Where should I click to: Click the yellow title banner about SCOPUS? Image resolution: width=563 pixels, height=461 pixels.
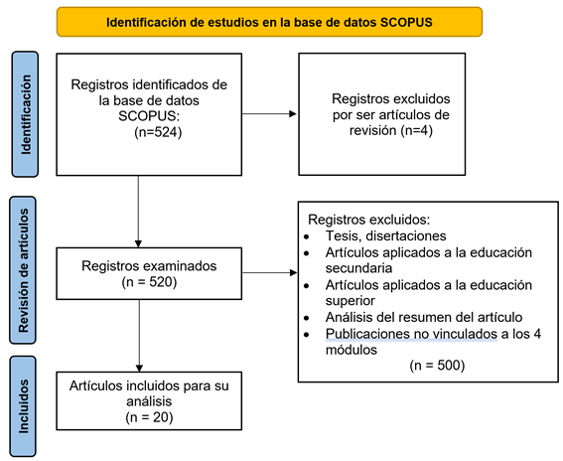[x=269, y=22]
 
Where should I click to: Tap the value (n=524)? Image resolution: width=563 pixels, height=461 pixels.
[x=158, y=132]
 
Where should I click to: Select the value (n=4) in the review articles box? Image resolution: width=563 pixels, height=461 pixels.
[x=416, y=130]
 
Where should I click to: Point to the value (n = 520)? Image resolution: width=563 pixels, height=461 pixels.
[x=149, y=282]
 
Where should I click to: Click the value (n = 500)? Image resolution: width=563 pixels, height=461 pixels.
[x=437, y=365]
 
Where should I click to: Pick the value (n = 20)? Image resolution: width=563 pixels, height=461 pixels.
[x=149, y=417]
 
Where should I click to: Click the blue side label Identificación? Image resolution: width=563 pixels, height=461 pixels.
[x=25, y=114]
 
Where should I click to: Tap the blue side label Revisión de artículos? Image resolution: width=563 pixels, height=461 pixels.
[x=23, y=270]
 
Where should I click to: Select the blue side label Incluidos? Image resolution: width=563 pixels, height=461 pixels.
[x=23, y=406]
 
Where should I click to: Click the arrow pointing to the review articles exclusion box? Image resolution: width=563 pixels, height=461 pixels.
[x=269, y=114]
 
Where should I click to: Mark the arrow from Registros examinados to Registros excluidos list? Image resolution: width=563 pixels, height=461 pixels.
[x=270, y=272]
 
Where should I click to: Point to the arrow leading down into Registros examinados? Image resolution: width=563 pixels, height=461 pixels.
[x=138, y=212]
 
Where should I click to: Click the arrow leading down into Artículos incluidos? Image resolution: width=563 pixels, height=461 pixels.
[x=139, y=336]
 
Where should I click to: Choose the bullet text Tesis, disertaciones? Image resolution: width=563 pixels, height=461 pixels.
[x=385, y=235]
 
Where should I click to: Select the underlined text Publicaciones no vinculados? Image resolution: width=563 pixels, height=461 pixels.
[x=411, y=334]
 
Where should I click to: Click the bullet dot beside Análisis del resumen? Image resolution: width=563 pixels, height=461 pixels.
[x=306, y=318]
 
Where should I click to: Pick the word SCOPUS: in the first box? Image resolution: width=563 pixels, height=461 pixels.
[x=149, y=116]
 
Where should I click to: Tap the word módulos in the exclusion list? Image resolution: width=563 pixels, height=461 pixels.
[x=352, y=350]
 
